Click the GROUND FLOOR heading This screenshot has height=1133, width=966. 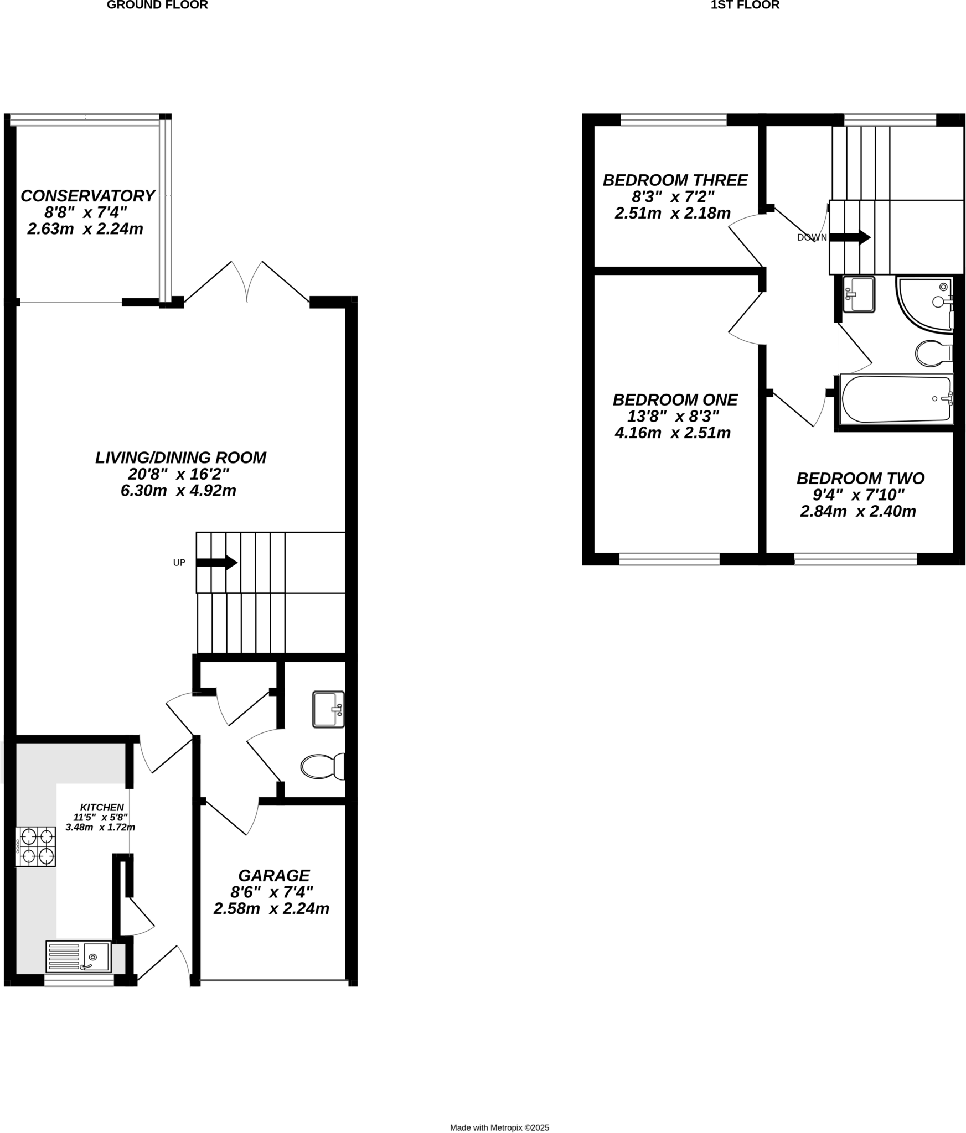coord(157,6)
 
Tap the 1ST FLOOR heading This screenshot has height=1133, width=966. coord(745,6)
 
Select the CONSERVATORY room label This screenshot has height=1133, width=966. coord(87,196)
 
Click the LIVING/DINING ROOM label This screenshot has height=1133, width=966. coord(180,458)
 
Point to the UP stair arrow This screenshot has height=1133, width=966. coord(217,563)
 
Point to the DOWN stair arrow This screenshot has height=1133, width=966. coord(850,238)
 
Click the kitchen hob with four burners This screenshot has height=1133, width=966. coord(35,846)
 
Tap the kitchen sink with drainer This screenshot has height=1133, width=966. coord(79,957)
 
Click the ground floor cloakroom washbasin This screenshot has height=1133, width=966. coord(328,709)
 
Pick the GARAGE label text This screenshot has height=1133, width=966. coord(273,875)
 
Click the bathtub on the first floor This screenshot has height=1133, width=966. coord(896,399)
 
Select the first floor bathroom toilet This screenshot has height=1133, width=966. coord(933,353)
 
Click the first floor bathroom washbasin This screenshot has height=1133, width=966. coord(858,294)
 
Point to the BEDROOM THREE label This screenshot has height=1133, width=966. coord(675,180)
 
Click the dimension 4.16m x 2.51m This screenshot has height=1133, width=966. coord(673,433)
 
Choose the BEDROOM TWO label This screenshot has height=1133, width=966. coord(860,478)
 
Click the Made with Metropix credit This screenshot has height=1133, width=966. coord(499,1127)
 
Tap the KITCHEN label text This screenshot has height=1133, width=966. coord(102,807)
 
